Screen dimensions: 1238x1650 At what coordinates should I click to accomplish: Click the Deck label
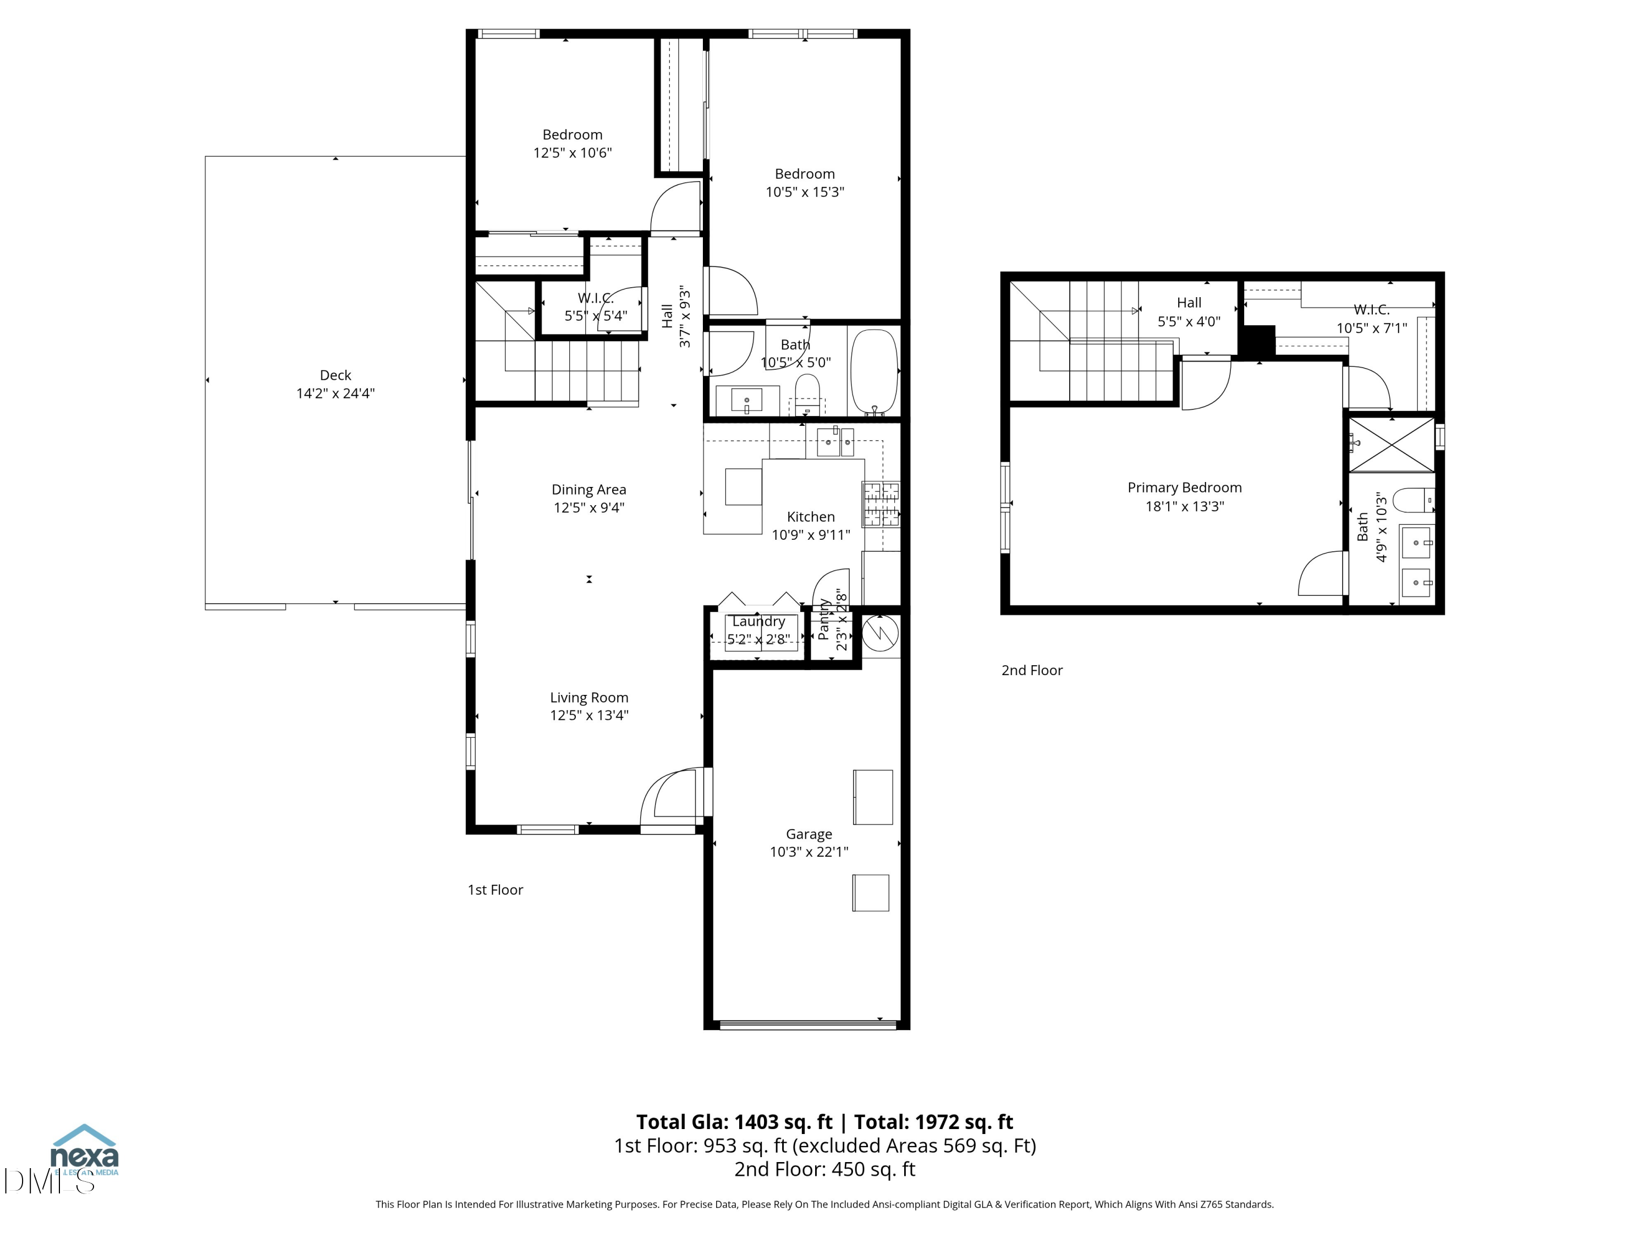point(335,375)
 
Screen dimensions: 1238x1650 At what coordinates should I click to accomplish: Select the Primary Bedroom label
point(1184,488)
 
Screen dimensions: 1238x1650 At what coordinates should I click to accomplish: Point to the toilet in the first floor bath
point(807,394)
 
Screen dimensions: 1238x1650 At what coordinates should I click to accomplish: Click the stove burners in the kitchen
point(881,505)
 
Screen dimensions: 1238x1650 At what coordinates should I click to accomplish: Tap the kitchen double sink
point(835,442)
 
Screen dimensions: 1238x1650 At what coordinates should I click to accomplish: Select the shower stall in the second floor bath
point(1391,445)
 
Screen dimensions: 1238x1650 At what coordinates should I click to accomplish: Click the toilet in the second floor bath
point(1411,500)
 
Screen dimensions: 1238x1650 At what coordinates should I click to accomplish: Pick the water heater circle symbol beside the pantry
point(880,633)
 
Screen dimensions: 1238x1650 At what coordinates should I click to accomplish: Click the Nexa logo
point(84,1152)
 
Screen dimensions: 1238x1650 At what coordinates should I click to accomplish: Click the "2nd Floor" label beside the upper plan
point(1032,670)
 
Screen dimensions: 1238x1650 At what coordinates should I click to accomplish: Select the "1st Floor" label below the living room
point(496,890)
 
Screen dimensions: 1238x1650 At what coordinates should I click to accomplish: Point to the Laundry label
point(758,621)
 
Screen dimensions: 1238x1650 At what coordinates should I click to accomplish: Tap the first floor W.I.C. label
point(595,298)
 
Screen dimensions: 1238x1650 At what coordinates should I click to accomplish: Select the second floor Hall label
point(1188,302)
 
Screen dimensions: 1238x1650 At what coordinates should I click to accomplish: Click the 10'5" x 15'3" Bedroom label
point(804,174)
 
